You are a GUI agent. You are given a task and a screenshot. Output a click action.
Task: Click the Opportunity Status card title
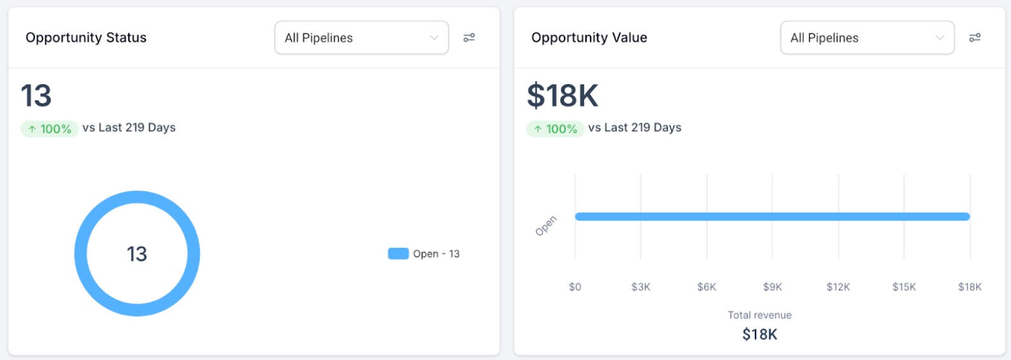coord(86,38)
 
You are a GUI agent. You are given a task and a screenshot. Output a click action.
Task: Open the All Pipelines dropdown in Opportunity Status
coord(361,38)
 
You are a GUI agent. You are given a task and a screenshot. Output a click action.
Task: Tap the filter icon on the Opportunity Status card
coord(469,38)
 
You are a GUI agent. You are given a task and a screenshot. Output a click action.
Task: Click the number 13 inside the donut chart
coord(137,254)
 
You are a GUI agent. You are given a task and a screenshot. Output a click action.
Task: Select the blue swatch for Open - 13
coord(398,254)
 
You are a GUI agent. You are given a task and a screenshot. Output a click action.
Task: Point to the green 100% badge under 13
coord(50,129)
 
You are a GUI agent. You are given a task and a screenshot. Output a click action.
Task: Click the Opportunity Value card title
coord(589,38)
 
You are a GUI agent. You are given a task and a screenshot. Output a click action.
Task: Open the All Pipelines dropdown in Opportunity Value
coord(867,38)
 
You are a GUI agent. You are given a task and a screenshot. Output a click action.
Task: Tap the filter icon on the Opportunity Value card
coord(975,38)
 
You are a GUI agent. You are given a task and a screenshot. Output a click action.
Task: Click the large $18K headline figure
coord(563,96)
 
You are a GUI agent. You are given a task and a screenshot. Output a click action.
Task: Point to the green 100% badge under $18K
coord(556,129)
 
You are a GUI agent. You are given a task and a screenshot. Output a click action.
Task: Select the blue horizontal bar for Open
coord(772,217)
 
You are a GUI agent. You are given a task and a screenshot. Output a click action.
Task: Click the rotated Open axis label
coord(546,226)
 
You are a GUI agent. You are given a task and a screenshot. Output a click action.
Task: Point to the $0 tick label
coord(575,287)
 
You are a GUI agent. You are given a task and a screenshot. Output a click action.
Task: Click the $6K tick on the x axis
coord(706,287)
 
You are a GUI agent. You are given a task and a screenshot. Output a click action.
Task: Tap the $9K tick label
coord(772,287)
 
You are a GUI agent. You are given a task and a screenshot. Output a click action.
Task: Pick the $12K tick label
coord(838,287)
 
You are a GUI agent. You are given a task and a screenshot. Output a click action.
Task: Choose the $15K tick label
coord(904,287)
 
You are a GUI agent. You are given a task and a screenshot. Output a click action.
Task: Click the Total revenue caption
coord(759,315)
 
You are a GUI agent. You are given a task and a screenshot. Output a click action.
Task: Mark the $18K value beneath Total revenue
coord(759,335)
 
